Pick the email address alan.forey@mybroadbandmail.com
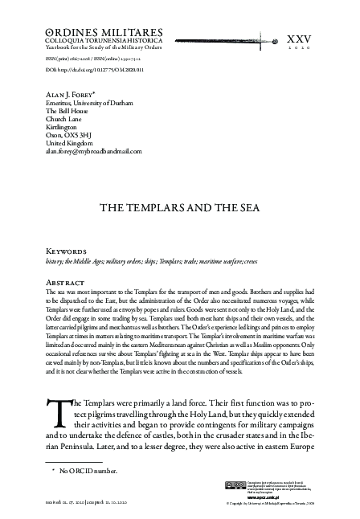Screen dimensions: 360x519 (x=94, y=150)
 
